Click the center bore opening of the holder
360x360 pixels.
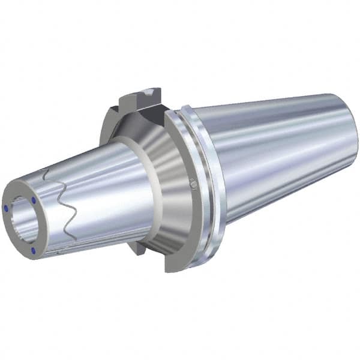[x=23, y=213]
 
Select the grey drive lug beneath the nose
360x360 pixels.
[x=137, y=247]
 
